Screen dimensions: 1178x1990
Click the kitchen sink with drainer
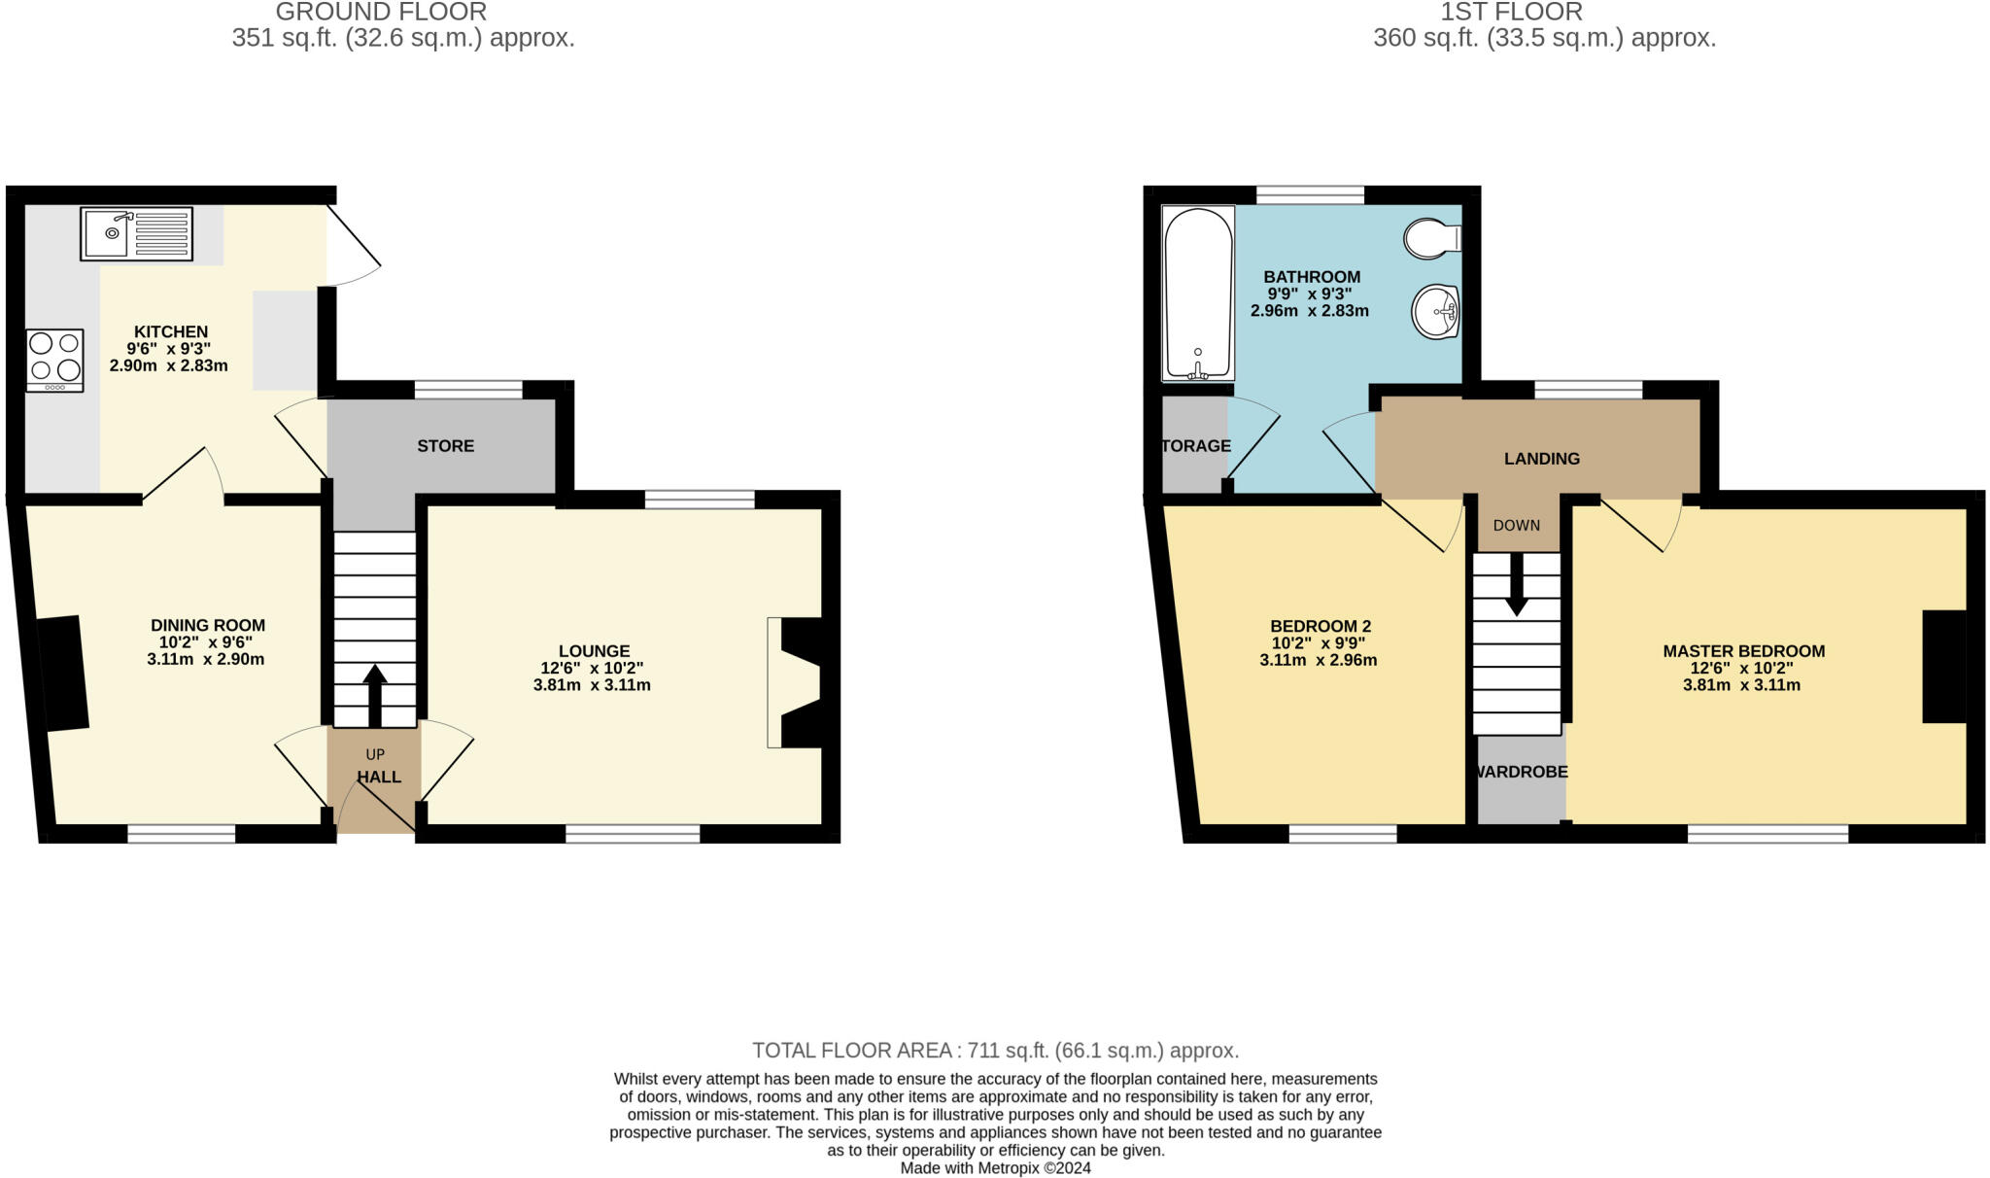[136, 233]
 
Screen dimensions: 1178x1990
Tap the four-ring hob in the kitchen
[55, 360]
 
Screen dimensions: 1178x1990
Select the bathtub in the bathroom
[1198, 293]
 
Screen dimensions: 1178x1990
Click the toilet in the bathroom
[1431, 238]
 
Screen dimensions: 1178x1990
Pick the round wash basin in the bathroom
[1435, 312]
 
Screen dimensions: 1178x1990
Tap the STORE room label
[446, 446]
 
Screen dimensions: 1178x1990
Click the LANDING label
[1541, 459]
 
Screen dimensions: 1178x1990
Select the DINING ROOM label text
[208, 625]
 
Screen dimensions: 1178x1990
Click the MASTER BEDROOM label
[1743, 651]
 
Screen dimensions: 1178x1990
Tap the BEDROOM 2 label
[1320, 626]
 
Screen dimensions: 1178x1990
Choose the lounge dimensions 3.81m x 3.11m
[592, 685]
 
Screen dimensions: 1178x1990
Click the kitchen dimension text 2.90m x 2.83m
[169, 366]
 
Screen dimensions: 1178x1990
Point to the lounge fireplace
[799, 682]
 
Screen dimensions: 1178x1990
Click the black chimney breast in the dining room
[64, 673]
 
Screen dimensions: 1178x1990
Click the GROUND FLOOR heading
[381, 13]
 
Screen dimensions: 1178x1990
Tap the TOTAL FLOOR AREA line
[995, 1051]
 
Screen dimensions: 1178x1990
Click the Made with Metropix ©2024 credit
[995, 1168]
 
